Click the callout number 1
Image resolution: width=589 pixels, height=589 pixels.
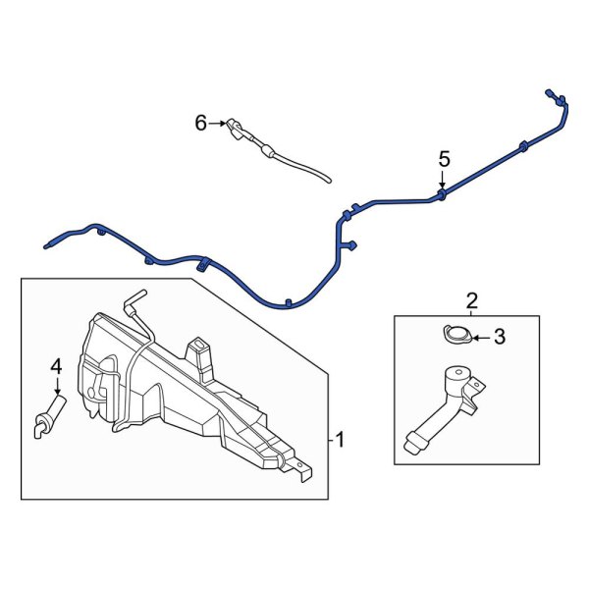(x=341, y=440)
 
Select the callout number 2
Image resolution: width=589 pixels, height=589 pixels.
(x=471, y=300)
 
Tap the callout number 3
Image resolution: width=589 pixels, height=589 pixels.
(x=499, y=338)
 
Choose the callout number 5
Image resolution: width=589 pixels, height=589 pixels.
(x=444, y=158)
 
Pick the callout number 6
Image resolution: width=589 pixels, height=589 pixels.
(x=200, y=123)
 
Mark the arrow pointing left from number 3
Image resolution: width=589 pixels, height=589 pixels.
(x=478, y=338)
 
